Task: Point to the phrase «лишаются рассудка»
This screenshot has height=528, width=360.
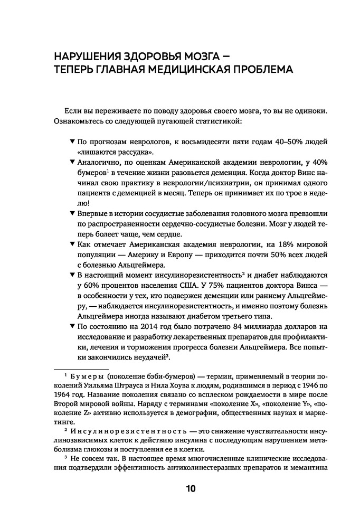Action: [108, 153]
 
